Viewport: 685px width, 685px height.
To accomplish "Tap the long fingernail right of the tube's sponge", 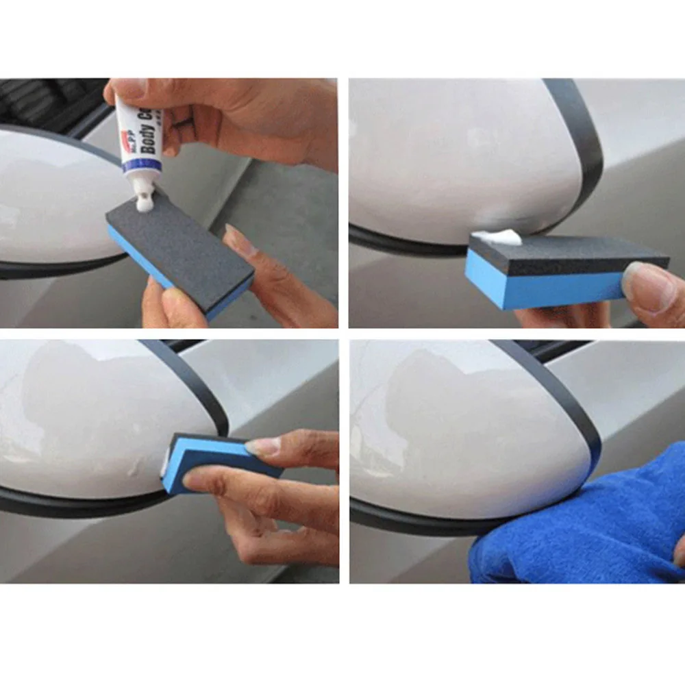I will pyautogui.click(x=237, y=240).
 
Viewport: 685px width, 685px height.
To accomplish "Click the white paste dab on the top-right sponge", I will pyautogui.click(x=496, y=237).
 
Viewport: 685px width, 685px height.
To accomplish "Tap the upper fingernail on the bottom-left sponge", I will pyautogui.click(x=262, y=447).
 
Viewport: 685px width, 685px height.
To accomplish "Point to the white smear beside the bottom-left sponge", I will pyautogui.click(x=164, y=469).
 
